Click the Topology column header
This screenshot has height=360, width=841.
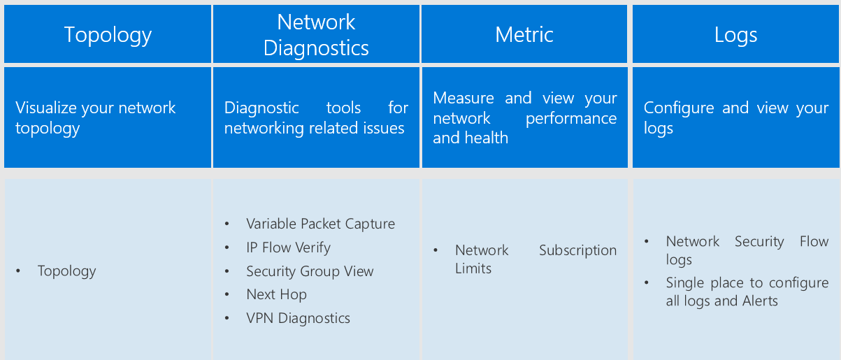coord(108,34)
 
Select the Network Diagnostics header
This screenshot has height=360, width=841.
coord(316,34)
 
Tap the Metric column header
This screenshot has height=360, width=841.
coord(524,34)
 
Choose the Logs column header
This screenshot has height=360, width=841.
coord(735,34)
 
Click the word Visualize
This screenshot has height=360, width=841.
coord(46,108)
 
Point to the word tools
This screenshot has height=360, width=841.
coord(343,108)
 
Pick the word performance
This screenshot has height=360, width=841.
coord(571,118)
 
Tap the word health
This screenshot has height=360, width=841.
coord(490,138)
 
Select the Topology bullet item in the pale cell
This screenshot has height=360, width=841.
coord(66,271)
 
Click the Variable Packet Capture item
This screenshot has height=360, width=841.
coord(320,224)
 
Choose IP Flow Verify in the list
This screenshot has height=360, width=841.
coord(288,247)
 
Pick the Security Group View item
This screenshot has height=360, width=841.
coord(310,271)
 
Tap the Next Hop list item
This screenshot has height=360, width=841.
coord(276,294)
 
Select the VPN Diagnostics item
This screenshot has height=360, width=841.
coord(298,318)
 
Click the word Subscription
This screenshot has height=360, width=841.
coord(577,250)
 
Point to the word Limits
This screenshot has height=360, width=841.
coord(473,268)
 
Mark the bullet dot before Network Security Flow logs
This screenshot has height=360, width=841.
coord(647,242)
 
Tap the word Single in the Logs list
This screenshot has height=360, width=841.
coord(685,283)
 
